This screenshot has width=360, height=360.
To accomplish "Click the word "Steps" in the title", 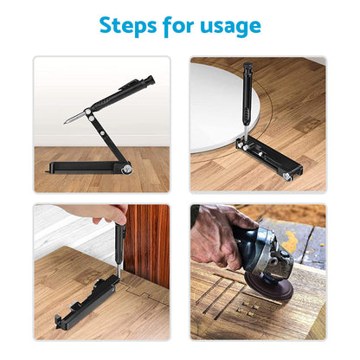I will [131, 25].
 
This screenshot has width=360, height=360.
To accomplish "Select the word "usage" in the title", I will [231, 27].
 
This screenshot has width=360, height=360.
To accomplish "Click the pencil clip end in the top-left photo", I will [149, 80].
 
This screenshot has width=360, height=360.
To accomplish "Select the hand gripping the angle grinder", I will [216, 238].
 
